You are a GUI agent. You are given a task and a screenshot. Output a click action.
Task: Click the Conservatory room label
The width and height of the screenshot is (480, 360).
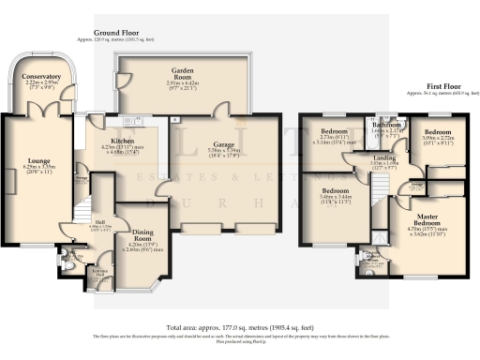tap(42, 75)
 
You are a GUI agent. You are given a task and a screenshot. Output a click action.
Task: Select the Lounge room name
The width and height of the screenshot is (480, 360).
tap(38, 159)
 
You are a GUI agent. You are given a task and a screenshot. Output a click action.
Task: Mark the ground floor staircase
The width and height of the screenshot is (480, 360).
tap(84, 201)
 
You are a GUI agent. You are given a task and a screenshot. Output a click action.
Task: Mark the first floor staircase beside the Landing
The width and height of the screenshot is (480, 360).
tap(379, 187)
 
